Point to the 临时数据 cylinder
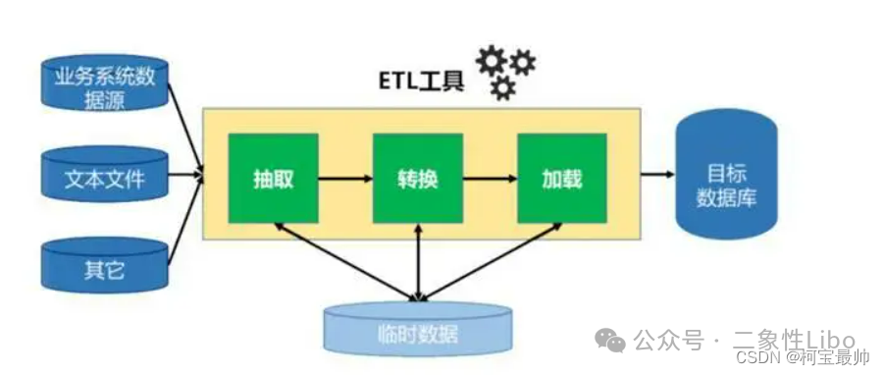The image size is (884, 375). pos(419,329)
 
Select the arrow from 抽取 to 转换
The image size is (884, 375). pos(345,179)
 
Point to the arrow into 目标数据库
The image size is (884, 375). pos(657,175)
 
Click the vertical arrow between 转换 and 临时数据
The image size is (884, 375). pos(420,260)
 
